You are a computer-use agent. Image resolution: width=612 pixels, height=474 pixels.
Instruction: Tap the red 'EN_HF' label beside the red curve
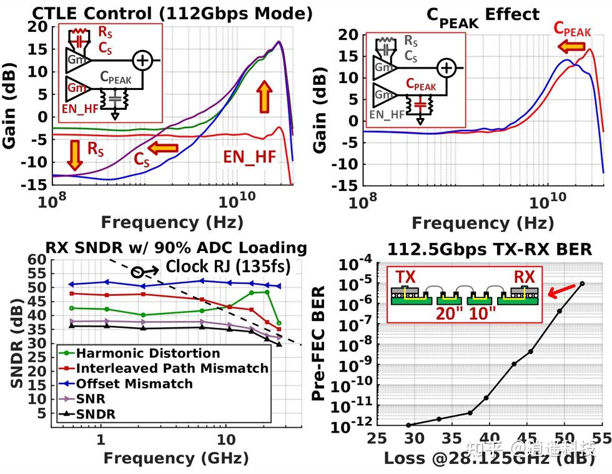click(x=249, y=157)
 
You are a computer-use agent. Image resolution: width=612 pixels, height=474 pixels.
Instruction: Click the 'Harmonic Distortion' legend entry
click(x=143, y=353)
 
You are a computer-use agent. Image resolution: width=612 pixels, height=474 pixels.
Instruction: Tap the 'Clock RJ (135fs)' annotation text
click(x=228, y=266)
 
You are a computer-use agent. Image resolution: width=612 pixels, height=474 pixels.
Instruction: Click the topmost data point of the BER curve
click(x=582, y=284)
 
